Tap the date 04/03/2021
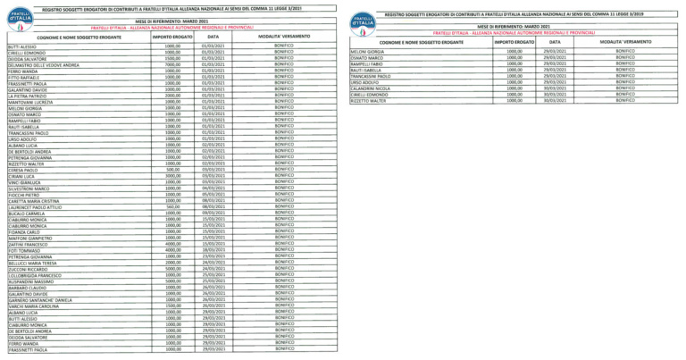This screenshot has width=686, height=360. pos(213,188)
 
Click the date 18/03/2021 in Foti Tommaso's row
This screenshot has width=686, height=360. pos(213,250)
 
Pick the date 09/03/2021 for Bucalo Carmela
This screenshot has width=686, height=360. pos(213,213)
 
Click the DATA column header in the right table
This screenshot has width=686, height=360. pos(555,42)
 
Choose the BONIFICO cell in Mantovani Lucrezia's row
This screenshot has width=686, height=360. pos(284,102)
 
